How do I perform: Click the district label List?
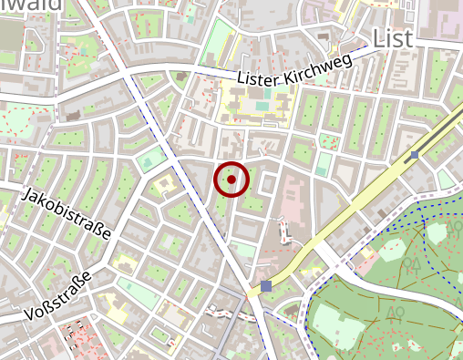pos(393,37)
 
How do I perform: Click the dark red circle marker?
pos(231,180)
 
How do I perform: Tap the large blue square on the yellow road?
pos(265,286)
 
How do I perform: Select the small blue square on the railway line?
pos(415,155)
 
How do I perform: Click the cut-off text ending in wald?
pos(31,5)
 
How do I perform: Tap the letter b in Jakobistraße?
pos(59,209)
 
